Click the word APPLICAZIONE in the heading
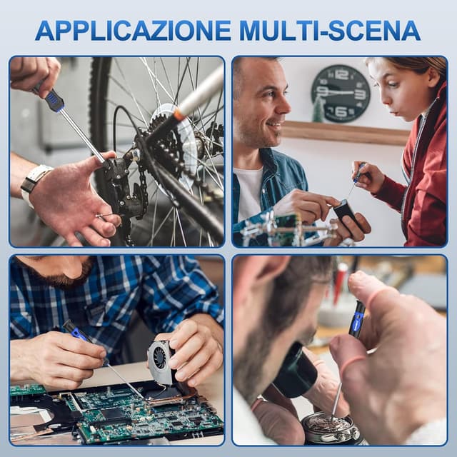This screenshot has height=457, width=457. pos(133,31)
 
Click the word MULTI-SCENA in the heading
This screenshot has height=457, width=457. pos(330,31)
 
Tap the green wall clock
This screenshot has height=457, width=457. pos(341,94)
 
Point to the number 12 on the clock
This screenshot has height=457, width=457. pos(341,74)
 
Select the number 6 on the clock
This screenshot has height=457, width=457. pos(341,111)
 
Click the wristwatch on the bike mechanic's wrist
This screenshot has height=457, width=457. pos(34,184)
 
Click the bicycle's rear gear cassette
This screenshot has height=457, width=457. pos(169,143)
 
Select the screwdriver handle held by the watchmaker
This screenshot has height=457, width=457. pos(357,319)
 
